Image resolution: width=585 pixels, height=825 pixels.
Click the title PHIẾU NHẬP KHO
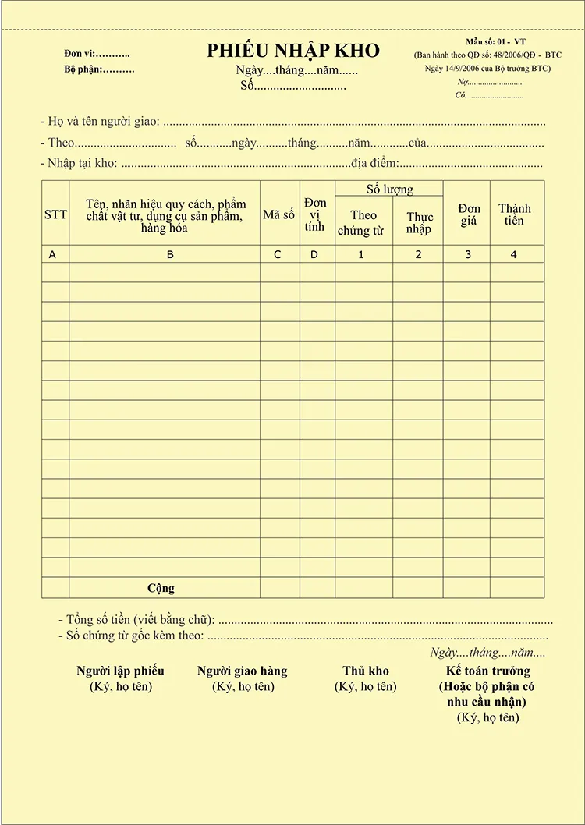[x=293, y=51]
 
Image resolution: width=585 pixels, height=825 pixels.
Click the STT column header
[x=55, y=214]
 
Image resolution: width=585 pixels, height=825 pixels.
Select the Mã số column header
[x=278, y=214]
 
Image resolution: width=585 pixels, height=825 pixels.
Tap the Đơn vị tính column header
[x=315, y=214]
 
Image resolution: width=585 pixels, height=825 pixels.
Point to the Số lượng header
[x=390, y=189]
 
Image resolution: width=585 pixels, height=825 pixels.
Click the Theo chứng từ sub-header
[x=363, y=223]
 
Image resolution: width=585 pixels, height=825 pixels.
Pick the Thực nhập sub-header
[x=419, y=223]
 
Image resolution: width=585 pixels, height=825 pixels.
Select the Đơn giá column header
[x=469, y=214]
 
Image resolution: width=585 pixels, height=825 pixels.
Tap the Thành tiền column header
[x=515, y=214]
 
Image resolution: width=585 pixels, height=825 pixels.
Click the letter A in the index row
[x=53, y=254]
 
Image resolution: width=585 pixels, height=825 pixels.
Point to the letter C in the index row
[x=278, y=254]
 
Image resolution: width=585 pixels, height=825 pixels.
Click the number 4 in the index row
[x=513, y=254]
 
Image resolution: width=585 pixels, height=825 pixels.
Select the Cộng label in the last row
[x=161, y=588]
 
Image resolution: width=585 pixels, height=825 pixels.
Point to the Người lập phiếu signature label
[x=120, y=671]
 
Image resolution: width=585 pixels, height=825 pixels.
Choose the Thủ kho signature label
[x=365, y=671]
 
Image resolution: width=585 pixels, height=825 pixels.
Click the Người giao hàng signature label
[x=242, y=671]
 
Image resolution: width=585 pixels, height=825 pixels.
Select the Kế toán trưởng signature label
[x=487, y=671]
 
